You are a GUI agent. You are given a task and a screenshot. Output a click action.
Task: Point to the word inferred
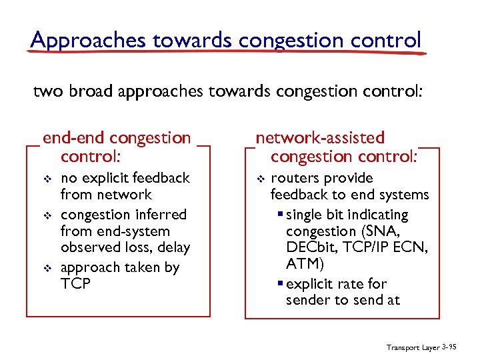click(161, 215)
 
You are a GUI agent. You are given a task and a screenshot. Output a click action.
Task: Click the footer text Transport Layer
click(413, 348)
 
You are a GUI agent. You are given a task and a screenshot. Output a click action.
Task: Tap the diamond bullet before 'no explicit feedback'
click(47, 179)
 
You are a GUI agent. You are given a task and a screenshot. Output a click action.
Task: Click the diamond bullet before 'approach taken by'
click(47, 268)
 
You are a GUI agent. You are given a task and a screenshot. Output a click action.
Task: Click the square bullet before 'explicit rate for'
click(281, 284)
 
